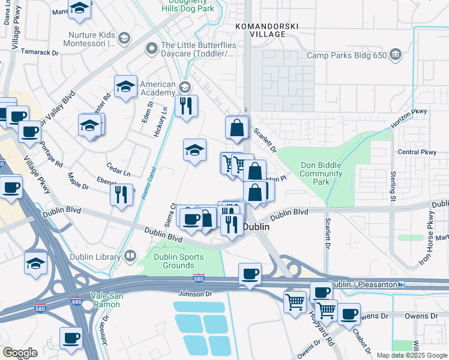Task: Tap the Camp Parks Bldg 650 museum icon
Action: (396, 55)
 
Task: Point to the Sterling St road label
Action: (394, 185)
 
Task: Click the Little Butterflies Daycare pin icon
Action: (151, 47)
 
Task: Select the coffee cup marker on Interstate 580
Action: (250, 274)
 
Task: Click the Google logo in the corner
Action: (20, 353)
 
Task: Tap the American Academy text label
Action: (157, 89)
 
